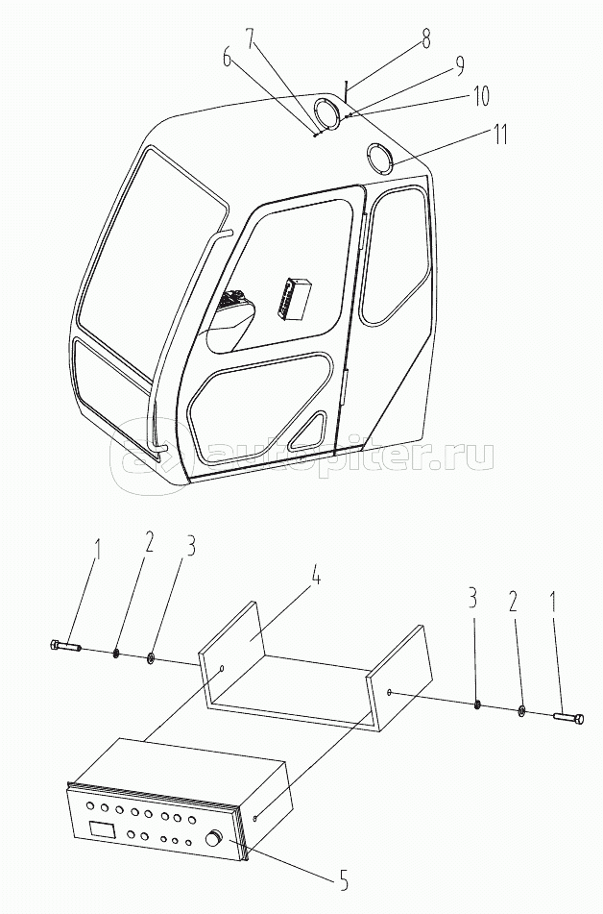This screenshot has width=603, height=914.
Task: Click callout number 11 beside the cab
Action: (494, 135)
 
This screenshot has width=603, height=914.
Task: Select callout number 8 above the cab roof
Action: (426, 38)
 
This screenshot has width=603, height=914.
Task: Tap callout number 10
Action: (481, 96)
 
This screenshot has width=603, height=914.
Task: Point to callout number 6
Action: (228, 60)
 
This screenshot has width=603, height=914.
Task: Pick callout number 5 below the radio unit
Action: (344, 880)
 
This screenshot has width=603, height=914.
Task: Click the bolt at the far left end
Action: (64, 646)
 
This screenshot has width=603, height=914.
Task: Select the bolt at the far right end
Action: (567, 718)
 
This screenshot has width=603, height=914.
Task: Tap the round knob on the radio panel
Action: (215, 839)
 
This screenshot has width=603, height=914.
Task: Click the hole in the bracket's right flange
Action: (389, 693)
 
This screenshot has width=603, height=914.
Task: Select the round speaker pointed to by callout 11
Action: (380, 158)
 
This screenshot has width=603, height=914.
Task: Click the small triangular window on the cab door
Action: (309, 431)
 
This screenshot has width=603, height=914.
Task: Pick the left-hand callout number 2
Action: (149, 542)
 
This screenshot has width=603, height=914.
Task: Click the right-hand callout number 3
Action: (472, 598)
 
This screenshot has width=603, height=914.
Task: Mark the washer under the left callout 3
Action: (151, 658)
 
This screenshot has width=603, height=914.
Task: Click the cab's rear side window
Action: (394, 255)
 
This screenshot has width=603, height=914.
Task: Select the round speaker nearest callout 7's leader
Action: (328, 113)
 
